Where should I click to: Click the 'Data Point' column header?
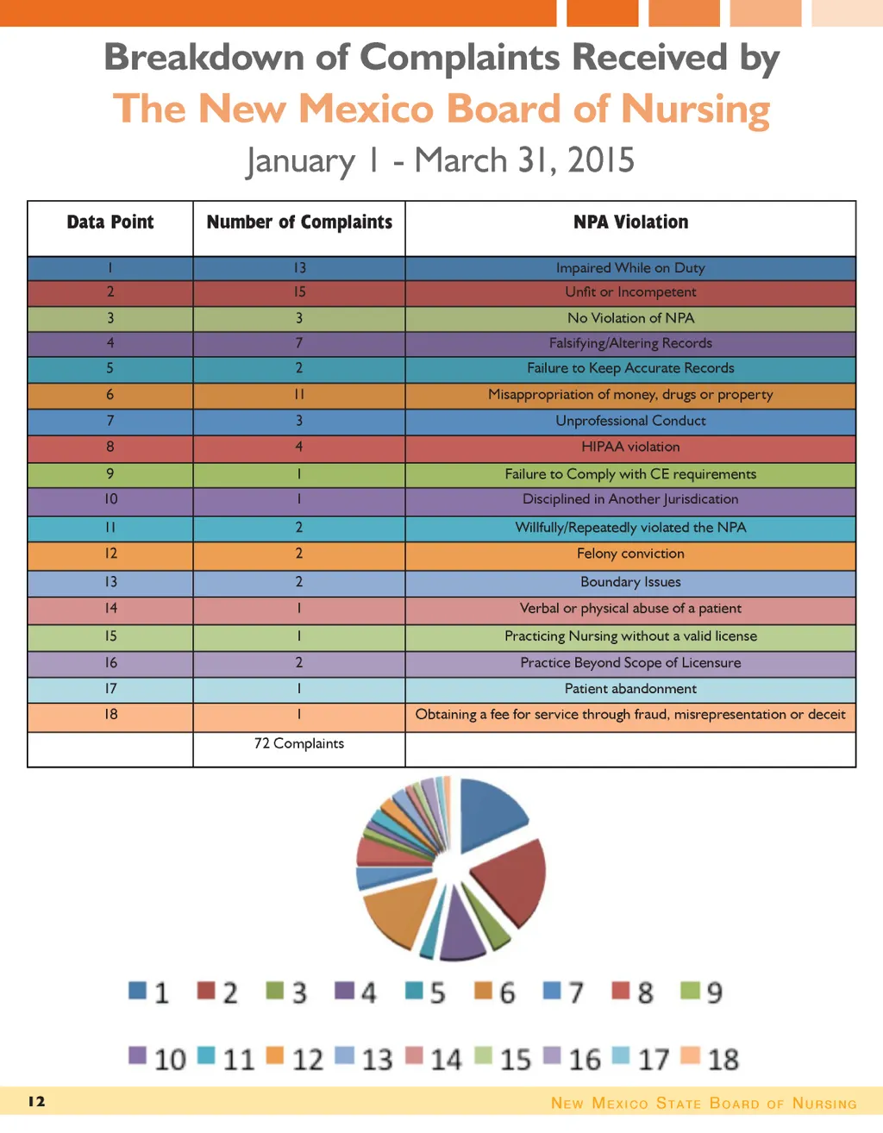coord(110,222)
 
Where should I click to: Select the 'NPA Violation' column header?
coord(630,222)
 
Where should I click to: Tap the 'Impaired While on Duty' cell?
coord(630,268)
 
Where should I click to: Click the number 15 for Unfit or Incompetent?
coord(299,292)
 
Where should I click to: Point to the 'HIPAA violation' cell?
coord(630,447)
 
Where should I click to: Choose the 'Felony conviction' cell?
coord(630,554)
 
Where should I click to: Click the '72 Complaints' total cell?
coord(299,743)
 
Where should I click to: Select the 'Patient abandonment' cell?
coord(630,689)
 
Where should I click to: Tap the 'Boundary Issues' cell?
coord(630,582)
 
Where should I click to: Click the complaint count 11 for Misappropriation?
coord(299,395)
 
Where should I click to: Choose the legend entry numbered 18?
coord(711,1059)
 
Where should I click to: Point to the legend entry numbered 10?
coord(158,1059)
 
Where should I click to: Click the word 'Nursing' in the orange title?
coord(695,110)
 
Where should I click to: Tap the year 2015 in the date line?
coord(600,161)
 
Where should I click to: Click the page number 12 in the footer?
coord(36,1102)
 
